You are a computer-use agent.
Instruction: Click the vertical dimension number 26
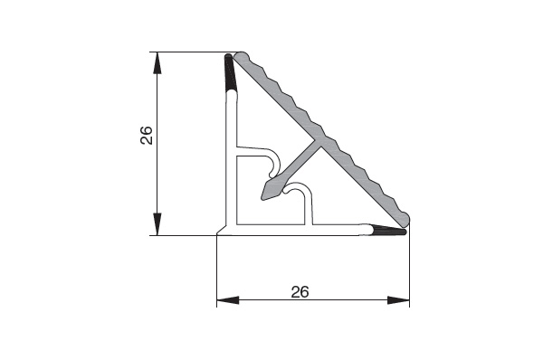147,135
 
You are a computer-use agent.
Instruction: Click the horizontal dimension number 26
300,292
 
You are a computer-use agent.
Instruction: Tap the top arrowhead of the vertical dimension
157,63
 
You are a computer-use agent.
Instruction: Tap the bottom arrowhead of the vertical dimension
157,224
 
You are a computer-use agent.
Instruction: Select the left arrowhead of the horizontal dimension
228,300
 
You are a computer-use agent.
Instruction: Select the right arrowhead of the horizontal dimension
398,300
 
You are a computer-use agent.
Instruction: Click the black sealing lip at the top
230,72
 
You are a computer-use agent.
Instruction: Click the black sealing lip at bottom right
388,230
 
